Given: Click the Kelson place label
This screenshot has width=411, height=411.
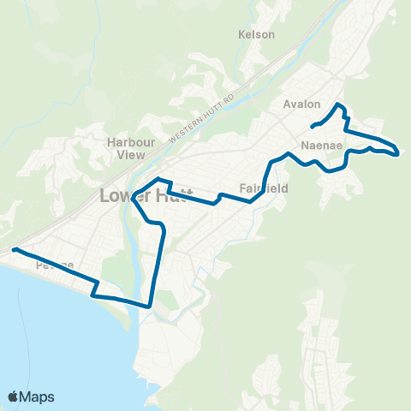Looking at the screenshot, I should point(257,34).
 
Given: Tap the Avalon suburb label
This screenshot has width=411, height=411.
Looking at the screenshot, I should point(301,104).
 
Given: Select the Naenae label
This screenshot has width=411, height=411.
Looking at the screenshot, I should point(322,146).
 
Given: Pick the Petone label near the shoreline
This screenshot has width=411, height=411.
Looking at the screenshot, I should point(55,266).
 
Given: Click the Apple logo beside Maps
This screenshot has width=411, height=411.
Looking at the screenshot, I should point(14,396).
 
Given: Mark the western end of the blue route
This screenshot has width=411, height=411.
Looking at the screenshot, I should point(14,250).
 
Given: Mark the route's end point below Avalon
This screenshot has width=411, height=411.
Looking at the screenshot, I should point(312,129).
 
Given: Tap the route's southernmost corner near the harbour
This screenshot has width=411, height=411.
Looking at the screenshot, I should point(150,305).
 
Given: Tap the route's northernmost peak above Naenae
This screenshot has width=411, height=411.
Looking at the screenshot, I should point(339,104).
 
